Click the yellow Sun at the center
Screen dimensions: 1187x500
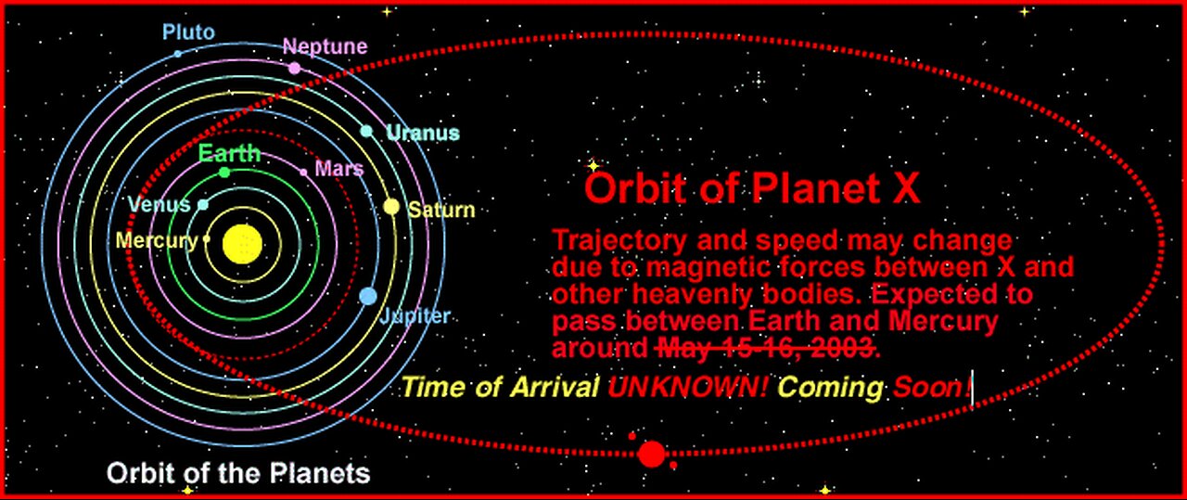(x=242, y=244)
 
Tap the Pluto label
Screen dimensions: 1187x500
(x=188, y=32)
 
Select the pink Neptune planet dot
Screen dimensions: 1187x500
(x=295, y=68)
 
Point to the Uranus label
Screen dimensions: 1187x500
(x=423, y=133)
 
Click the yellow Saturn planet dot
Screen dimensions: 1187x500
(x=391, y=207)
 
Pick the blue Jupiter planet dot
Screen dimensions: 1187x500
(x=368, y=297)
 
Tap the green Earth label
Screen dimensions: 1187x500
(x=229, y=154)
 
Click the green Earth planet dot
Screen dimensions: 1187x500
(x=224, y=173)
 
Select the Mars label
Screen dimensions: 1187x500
(x=339, y=169)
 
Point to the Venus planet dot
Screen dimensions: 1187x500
(x=203, y=205)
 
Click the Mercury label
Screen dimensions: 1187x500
(x=157, y=240)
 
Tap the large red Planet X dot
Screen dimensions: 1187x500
(x=651, y=454)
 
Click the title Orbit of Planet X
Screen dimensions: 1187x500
(x=752, y=188)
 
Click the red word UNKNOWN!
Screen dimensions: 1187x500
(x=687, y=388)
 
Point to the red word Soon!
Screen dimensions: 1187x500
(x=933, y=388)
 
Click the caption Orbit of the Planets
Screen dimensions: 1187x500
(x=238, y=473)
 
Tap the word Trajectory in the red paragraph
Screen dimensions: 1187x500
(x=619, y=241)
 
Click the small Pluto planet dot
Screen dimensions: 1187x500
(x=178, y=54)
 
